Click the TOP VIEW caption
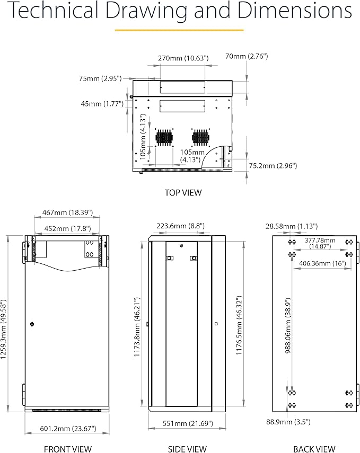(x=183, y=193)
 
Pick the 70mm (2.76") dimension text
(x=247, y=56)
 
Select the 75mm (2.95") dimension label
(x=100, y=78)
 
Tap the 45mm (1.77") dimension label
(x=102, y=104)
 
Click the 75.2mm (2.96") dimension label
(x=273, y=166)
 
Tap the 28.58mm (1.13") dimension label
(x=291, y=226)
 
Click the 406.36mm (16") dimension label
(x=322, y=263)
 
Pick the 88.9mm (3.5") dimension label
(x=288, y=422)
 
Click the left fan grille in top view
(x=165, y=138)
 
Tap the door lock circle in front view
(x=32, y=324)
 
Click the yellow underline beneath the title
(x=180, y=30)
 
